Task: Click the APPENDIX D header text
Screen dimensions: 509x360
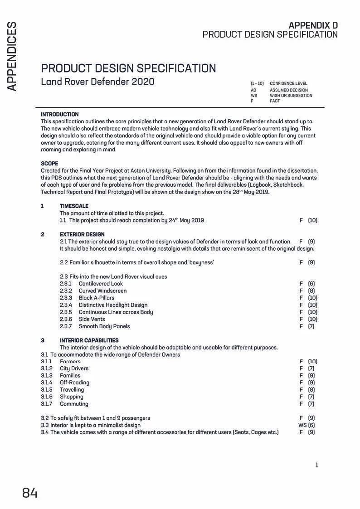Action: coord(313,25)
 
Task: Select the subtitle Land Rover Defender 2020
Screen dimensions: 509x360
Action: coord(97,82)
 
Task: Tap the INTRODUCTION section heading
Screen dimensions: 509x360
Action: coord(59,114)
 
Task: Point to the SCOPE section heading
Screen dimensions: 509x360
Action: coord(49,163)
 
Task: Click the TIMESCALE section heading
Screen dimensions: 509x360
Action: coord(74,206)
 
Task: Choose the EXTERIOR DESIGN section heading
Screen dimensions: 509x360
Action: coord(82,234)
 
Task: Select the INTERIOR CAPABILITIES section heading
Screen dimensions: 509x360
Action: coord(89,340)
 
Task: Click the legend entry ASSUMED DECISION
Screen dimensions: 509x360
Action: coord(288,90)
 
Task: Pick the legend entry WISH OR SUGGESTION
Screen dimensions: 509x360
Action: coord(291,96)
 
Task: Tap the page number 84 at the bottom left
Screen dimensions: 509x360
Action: coord(30,493)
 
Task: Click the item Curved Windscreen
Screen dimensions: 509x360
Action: coord(102,291)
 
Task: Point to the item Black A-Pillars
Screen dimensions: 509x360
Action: coord(97,298)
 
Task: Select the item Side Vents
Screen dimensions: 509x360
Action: coord(92,319)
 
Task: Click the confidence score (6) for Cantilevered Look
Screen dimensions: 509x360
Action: coord(311,284)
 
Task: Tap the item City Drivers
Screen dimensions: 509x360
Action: coord(74,368)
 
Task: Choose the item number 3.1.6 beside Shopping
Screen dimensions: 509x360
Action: coord(46,397)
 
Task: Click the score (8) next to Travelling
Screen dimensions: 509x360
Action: coord(311,390)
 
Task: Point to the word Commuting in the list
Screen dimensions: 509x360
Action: coord(74,404)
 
